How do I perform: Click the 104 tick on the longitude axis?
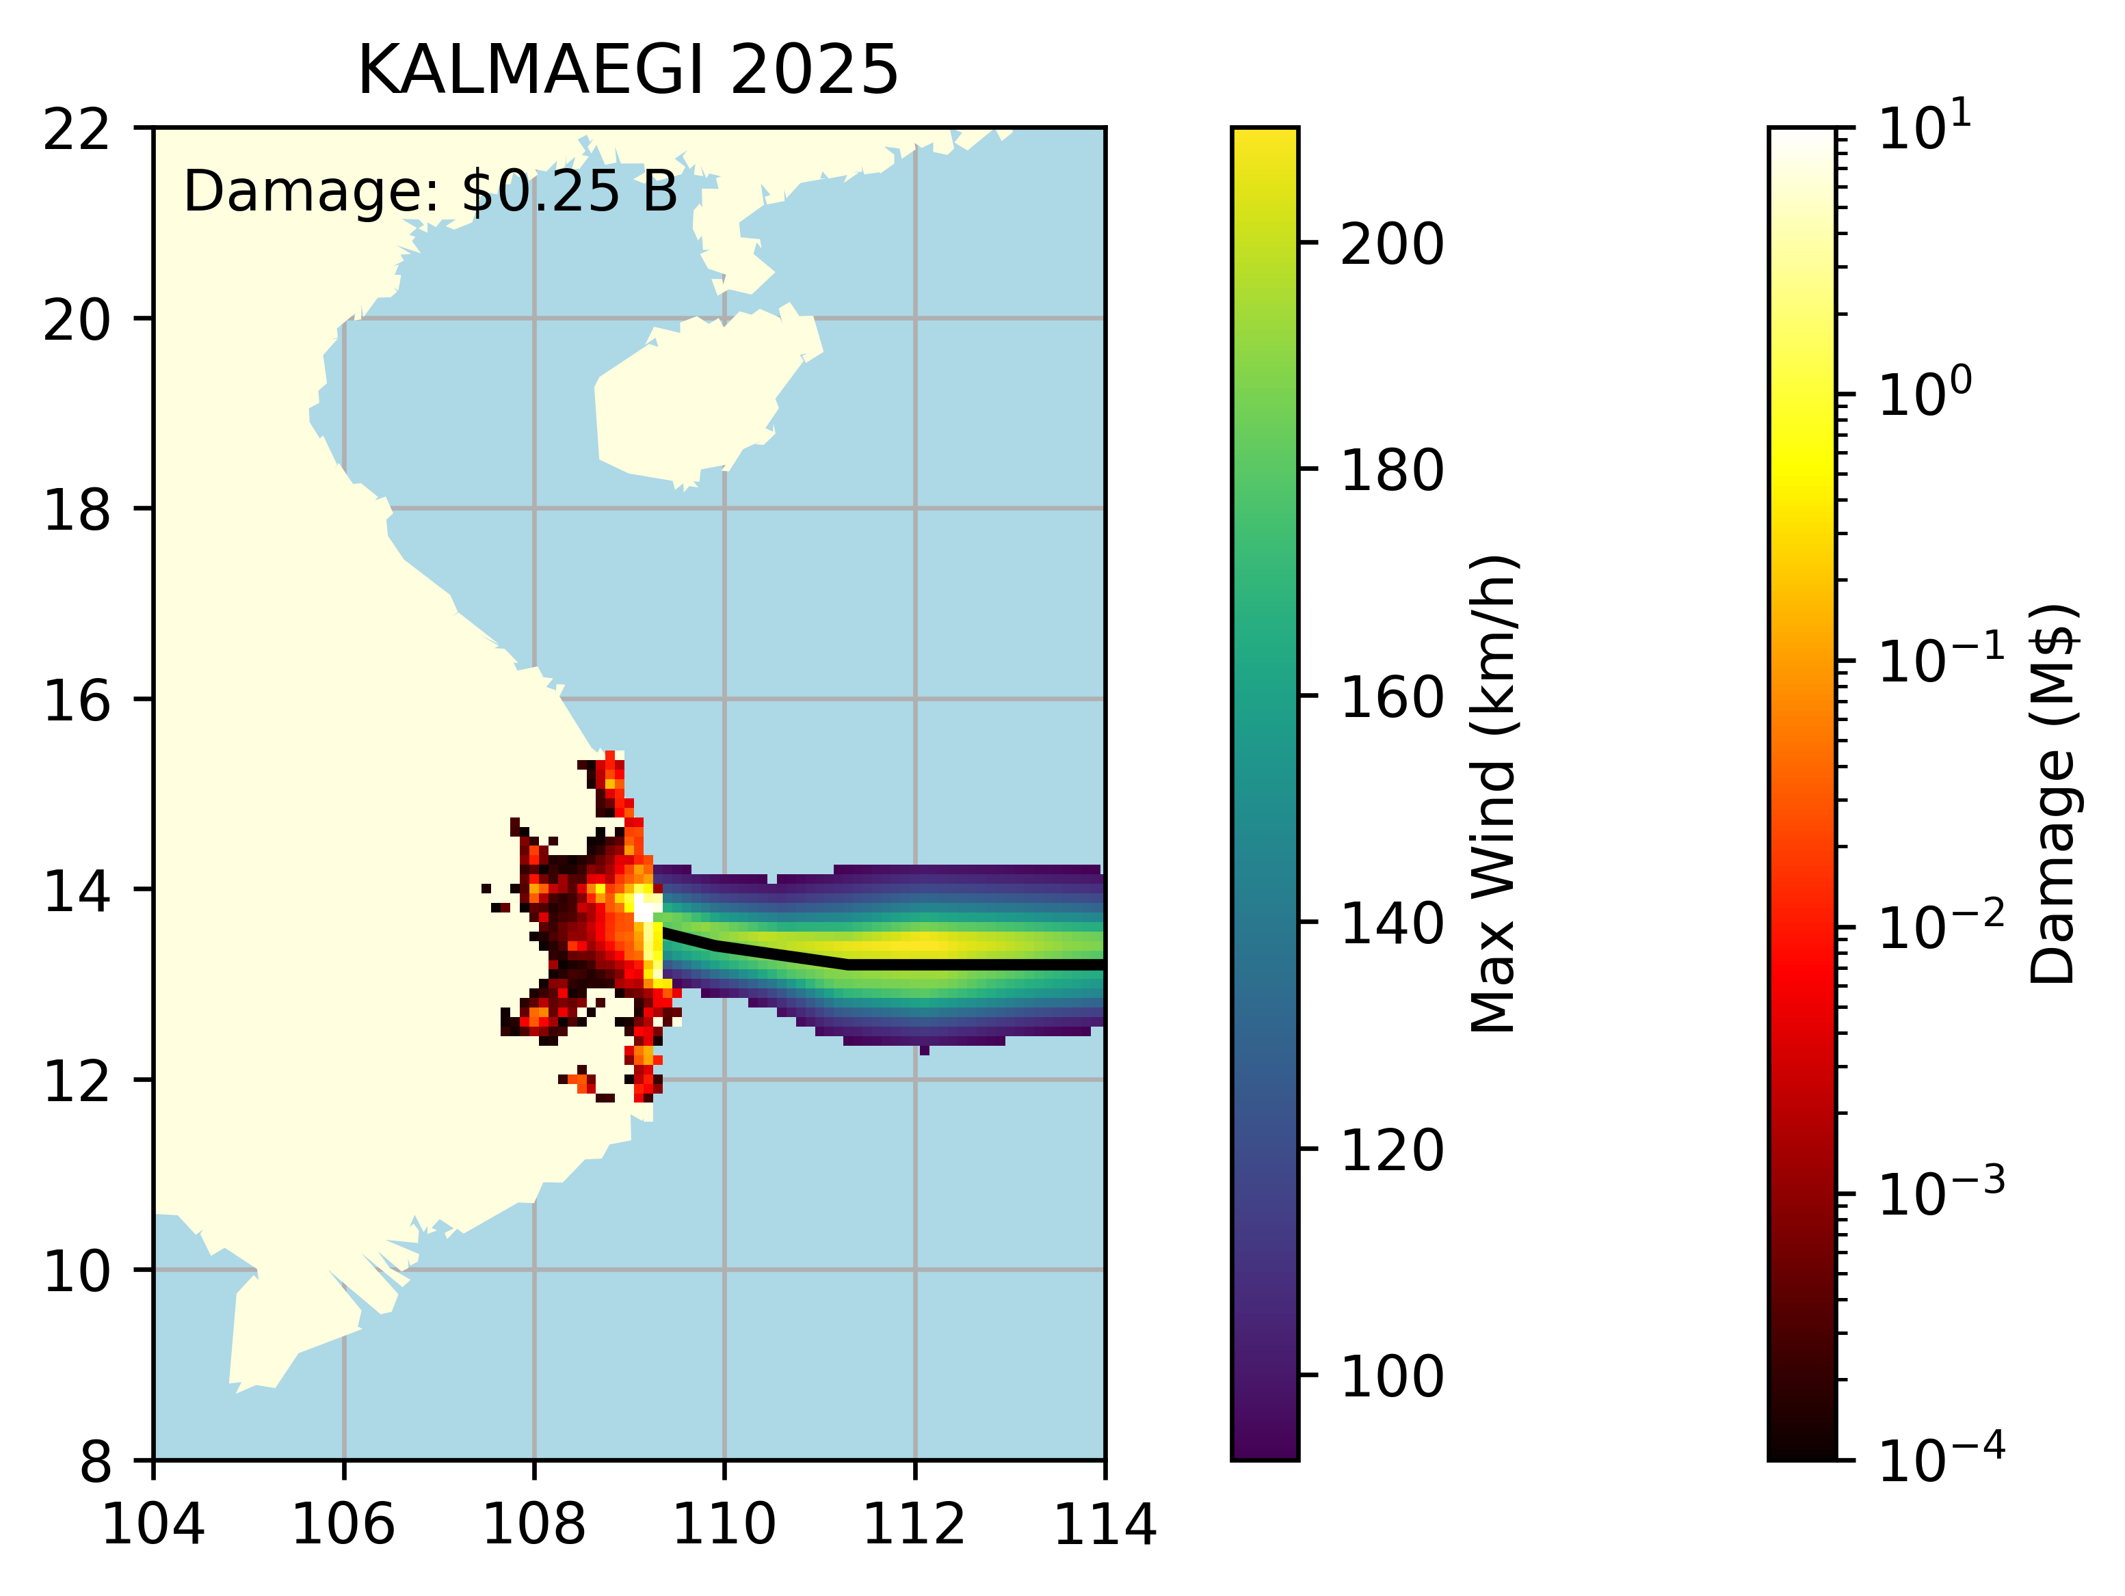tap(154, 1524)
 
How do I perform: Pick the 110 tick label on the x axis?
tap(724, 1524)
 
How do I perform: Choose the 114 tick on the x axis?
tap(1105, 1524)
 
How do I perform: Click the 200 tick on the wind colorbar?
tap(1391, 244)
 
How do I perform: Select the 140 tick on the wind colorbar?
tap(1391, 924)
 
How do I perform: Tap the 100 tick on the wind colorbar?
tap(1391, 1376)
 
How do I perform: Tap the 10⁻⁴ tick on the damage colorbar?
tap(1940, 1461)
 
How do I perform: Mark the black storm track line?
tap(961, 963)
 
